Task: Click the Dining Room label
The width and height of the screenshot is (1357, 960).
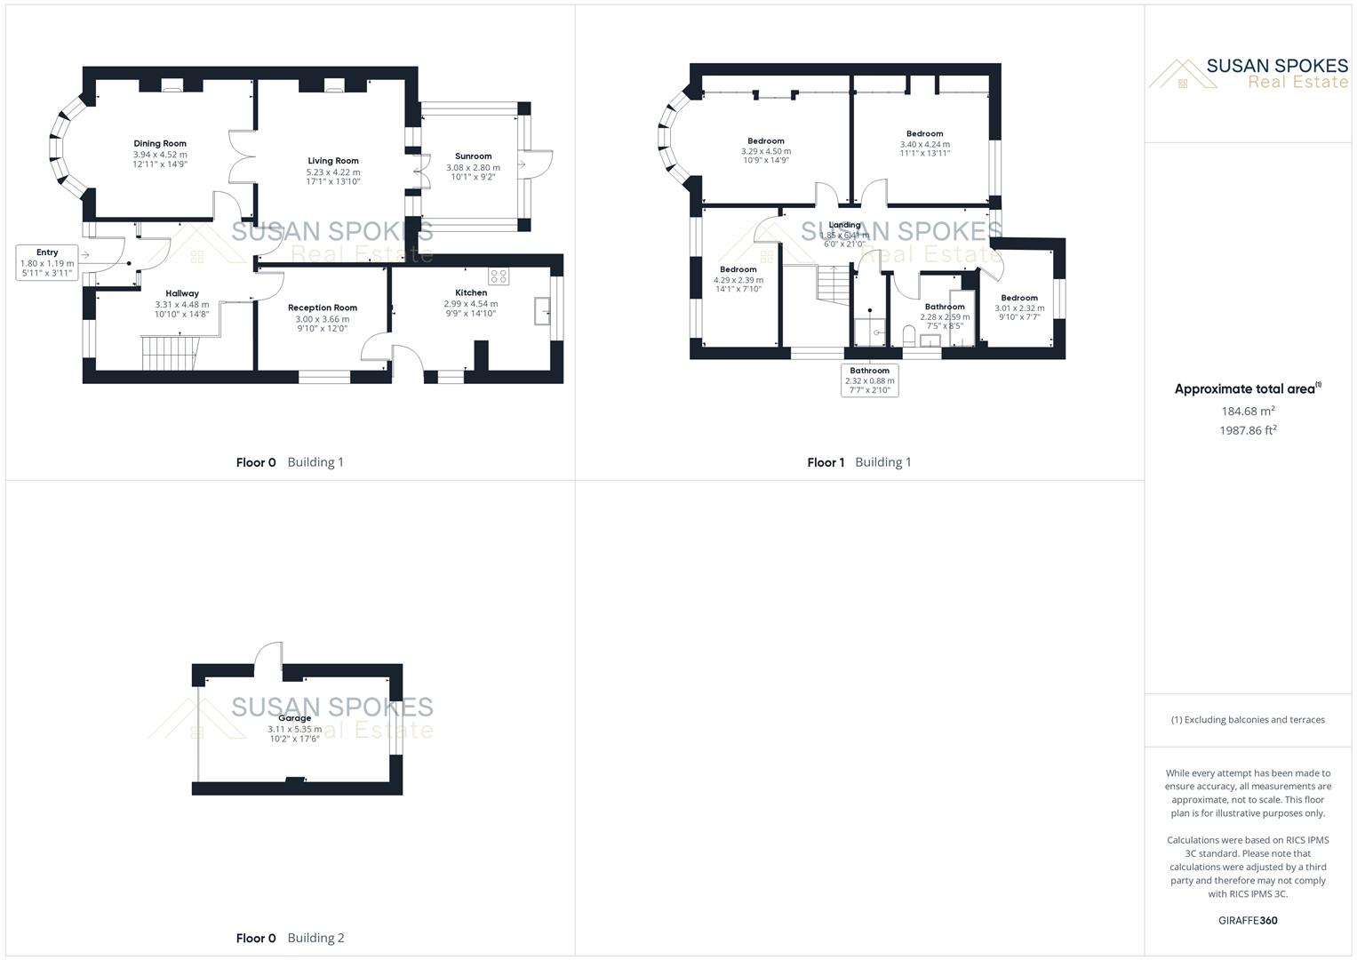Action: [160, 143]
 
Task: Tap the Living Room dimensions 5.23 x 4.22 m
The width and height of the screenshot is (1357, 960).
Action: [333, 172]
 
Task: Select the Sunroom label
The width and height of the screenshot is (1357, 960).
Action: [473, 156]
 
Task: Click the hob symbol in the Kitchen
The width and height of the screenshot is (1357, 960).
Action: [499, 276]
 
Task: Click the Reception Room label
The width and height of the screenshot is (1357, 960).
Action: [323, 308]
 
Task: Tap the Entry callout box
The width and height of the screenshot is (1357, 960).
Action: [47, 262]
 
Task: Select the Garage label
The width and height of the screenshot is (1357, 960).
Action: [294, 718]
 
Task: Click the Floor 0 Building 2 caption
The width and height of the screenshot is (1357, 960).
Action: [290, 938]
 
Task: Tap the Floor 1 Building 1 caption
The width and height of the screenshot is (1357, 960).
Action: [858, 462]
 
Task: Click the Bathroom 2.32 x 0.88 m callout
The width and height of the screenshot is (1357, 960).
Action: [869, 380]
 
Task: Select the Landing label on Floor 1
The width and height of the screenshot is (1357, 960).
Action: [844, 225]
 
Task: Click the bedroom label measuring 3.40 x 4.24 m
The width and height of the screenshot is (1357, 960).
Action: [924, 133]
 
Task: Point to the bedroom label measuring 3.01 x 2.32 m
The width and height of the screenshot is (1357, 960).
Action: [1018, 298]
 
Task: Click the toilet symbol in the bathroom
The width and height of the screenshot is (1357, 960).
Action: [908, 336]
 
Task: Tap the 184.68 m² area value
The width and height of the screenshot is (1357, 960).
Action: [1248, 411]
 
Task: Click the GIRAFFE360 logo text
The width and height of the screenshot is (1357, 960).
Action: [1248, 920]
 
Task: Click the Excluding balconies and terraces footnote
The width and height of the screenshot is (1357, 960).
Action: [1248, 720]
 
